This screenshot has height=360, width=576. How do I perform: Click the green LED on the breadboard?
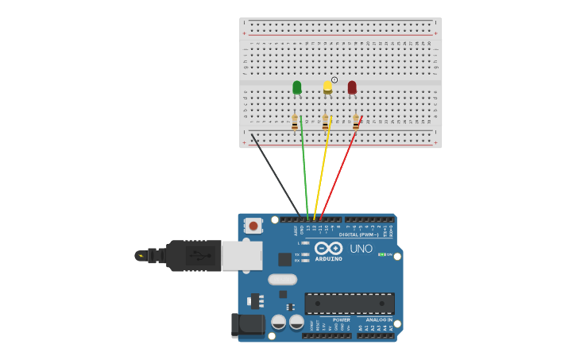297,87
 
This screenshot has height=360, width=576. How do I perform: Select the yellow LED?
327,87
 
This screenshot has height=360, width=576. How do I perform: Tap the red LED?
352,87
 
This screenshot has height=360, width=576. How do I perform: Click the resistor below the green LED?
295,122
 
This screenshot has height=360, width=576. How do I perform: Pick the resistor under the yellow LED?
325,122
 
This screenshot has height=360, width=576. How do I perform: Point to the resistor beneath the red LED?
356,122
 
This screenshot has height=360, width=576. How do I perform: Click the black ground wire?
275,175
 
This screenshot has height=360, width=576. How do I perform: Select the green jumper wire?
304,171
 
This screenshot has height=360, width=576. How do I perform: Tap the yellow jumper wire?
322,171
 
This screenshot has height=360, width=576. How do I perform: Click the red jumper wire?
340,171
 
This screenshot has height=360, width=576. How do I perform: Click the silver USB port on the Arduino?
242,256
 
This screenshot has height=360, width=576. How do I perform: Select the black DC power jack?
247,324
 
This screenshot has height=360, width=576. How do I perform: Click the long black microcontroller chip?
350,303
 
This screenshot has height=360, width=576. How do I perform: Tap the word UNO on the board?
361,249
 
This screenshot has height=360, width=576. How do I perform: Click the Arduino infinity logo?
328,248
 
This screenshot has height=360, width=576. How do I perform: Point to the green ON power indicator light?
382,254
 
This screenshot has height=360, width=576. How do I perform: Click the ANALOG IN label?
378,319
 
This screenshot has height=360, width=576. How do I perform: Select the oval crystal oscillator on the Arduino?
282,279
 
